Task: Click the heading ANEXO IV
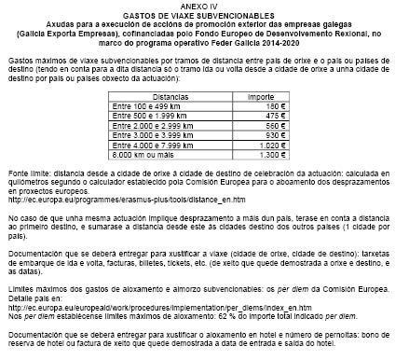204,6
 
